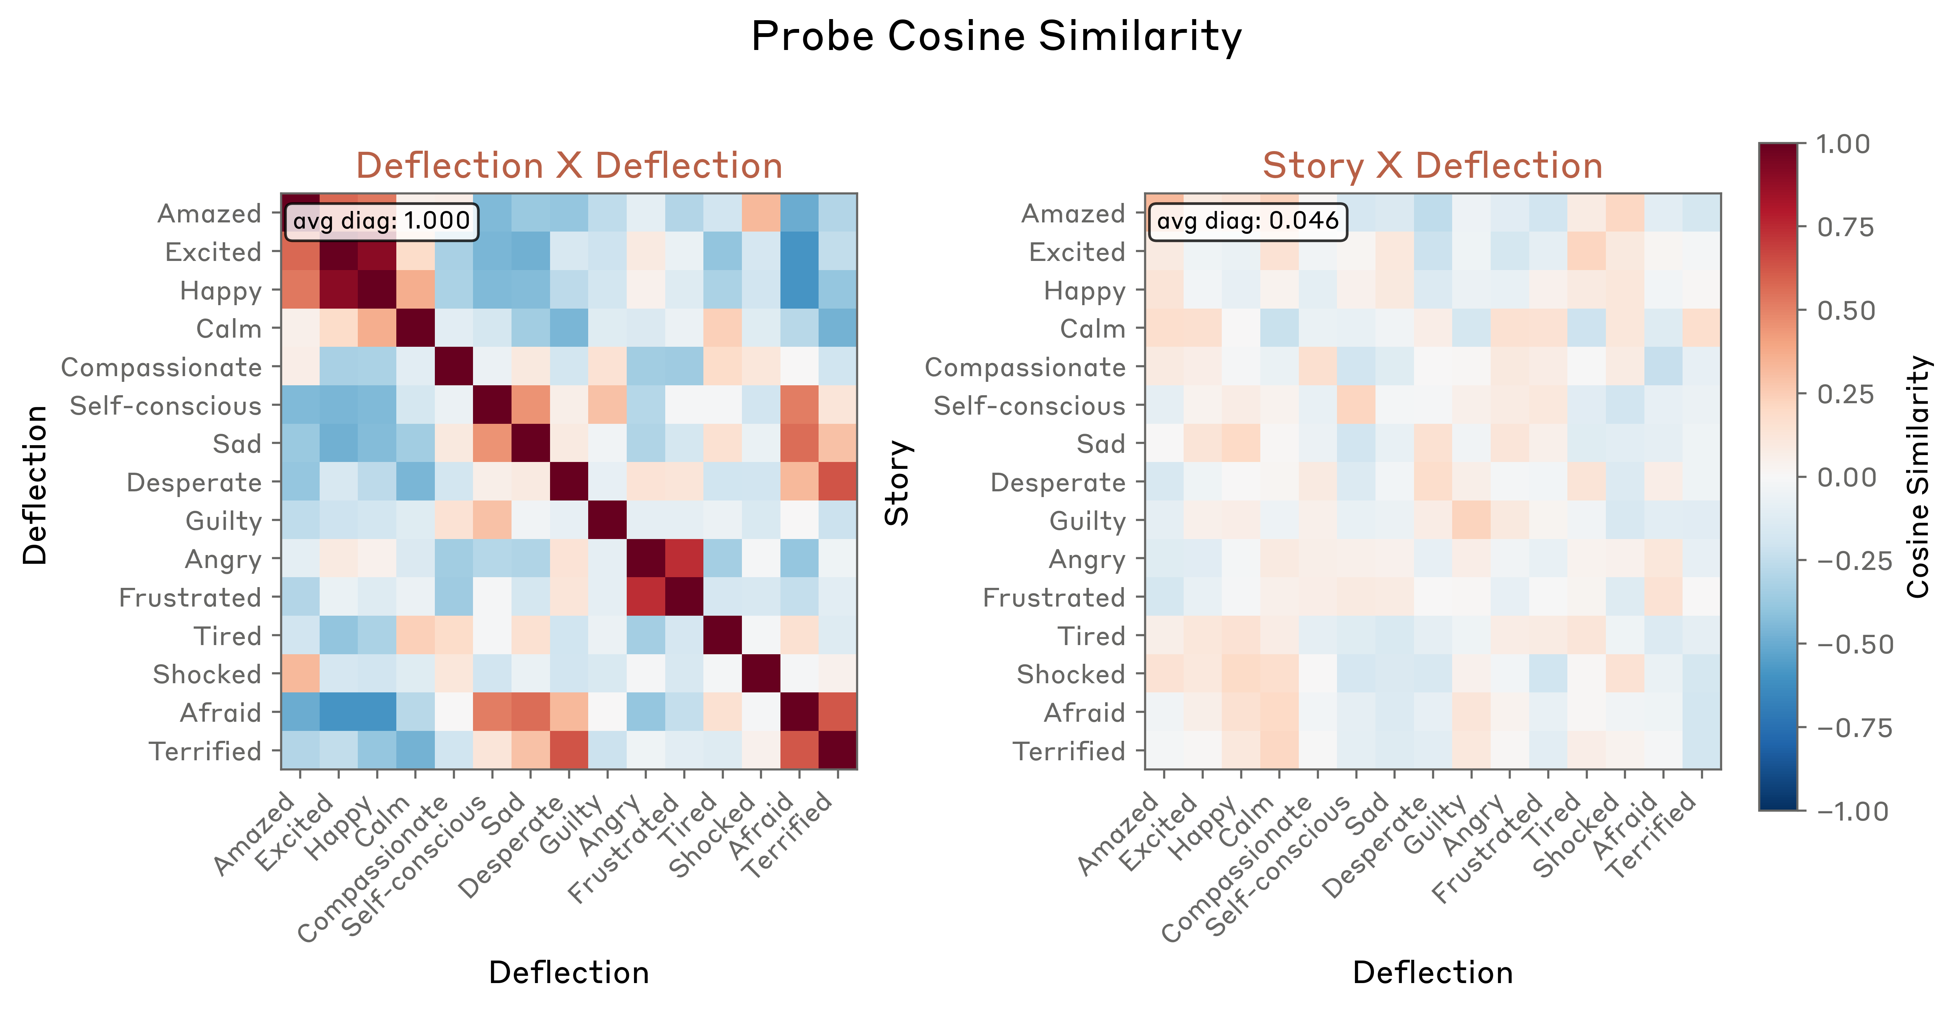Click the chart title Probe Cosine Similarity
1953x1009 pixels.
click(996, 36)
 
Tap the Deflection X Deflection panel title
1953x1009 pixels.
click(569, 165)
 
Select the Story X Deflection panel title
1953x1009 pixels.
click(1432, 165)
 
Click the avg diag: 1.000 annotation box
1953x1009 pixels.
click(381, 221)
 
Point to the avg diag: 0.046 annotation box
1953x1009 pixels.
click(1247, 221)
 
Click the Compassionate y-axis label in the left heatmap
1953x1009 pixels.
click(161, 368)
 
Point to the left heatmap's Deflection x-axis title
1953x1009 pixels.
click(569, 973)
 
